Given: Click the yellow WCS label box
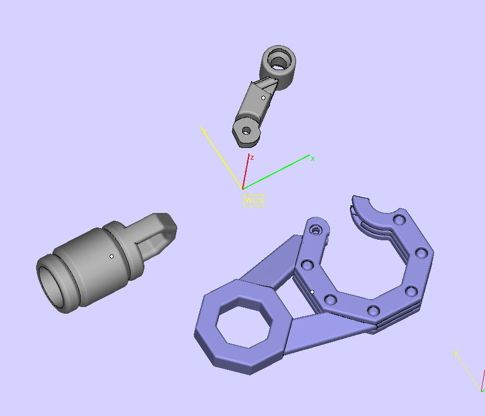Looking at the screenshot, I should tap(253, 200).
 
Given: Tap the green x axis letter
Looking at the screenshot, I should tap(313, 159).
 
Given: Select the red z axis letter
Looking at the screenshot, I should tap(252, 157).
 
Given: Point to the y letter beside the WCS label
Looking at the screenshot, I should tap(204, 131).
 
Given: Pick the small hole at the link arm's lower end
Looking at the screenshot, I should tap(246, 131).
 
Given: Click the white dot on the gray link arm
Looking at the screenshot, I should tap(263, 98).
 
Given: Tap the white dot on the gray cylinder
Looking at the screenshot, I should tap(112, 256).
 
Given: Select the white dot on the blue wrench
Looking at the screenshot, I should tap(312, 292).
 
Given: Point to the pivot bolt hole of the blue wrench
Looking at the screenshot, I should tap(316, 229).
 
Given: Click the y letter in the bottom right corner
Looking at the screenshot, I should tap(456, 354).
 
